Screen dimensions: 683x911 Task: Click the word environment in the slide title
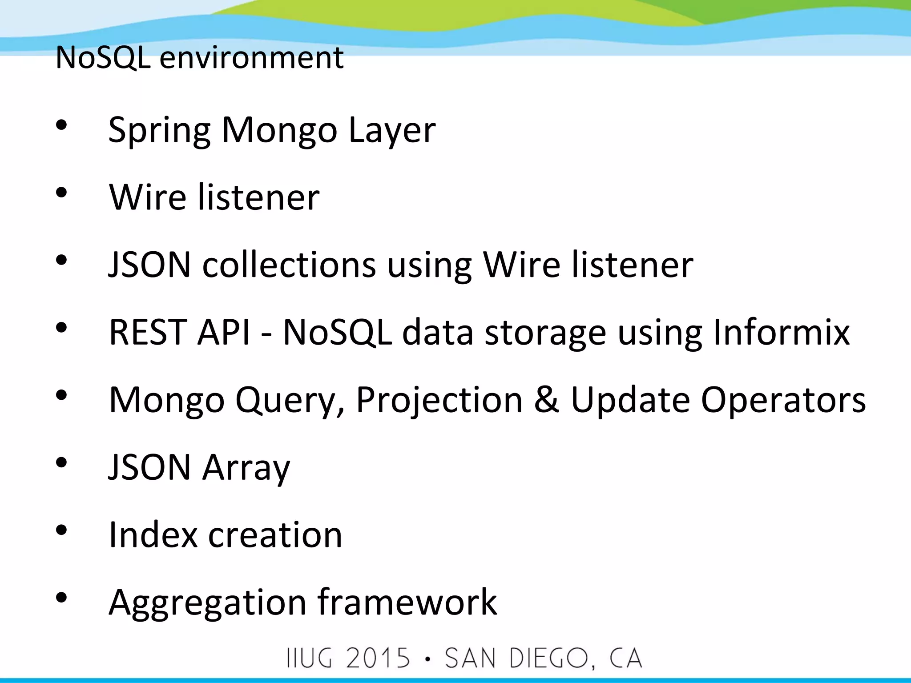pos(251,58)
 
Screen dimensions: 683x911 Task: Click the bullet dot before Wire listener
pos(61,193)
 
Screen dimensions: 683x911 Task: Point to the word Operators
pos(783,400)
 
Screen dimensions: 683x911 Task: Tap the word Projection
pos(439,400)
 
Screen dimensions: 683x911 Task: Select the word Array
pos(246,468)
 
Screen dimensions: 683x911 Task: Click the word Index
pos(153,534)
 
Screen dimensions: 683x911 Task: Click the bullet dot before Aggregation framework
pos(61,598)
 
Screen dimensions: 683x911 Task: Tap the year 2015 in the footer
pos(378,659)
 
